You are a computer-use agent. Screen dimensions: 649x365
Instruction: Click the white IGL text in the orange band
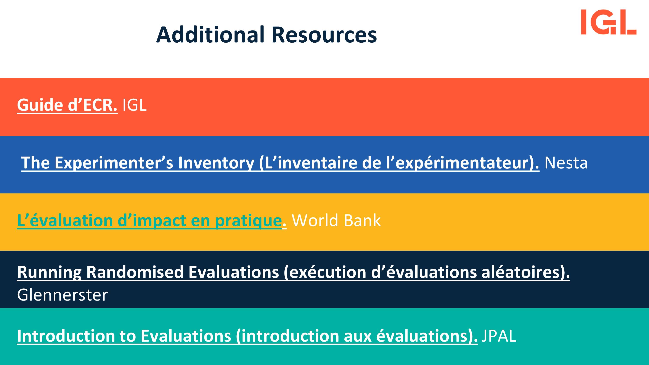[x=134, y=105]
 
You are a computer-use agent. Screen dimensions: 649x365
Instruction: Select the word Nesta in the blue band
[x=566, y=163]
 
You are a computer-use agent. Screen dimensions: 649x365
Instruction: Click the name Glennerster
[x=63, y=295]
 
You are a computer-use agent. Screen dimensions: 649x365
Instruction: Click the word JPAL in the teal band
[x=499, y=336]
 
